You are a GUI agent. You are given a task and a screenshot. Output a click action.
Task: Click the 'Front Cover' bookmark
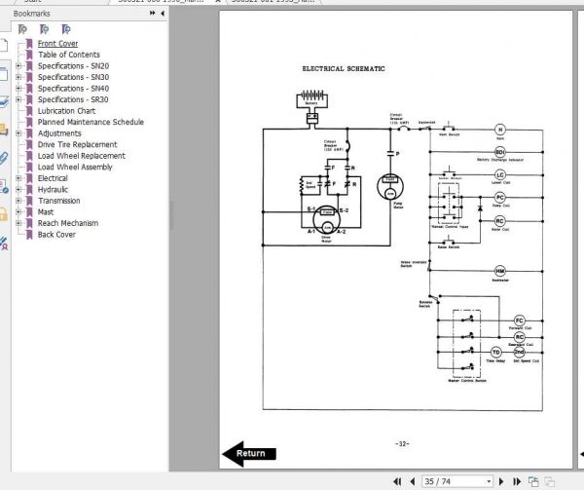pyautogui.click(x=57, y=44)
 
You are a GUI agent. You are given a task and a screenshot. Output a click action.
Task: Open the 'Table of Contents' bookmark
pyautogui.click(x=68, y=55)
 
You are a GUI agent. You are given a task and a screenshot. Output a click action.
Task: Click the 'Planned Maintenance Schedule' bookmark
pyautogui.click(x=91, y=122)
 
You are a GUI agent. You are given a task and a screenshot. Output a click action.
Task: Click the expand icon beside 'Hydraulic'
pyautogui.click(x=18, y=190)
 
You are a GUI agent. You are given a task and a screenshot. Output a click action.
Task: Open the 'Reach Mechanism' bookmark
pyautogui.click(x=68, y=223)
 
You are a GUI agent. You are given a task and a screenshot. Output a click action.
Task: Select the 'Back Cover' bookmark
pyautogui.click(x=56, y=234)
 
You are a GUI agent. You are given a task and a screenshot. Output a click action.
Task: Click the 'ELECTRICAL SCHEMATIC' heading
pyautogui.click(x=344, y=69)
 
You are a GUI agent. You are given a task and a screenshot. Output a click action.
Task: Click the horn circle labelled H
pyautogui.click(x=500, y=129)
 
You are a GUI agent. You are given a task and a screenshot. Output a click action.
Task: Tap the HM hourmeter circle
pyautogui.click(x=500, y=271)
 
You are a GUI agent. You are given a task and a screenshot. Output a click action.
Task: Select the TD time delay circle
pyautogui.click(x=495, y=351)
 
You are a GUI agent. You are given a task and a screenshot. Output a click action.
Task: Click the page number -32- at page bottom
pyautogui.click(x=402, y=443)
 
